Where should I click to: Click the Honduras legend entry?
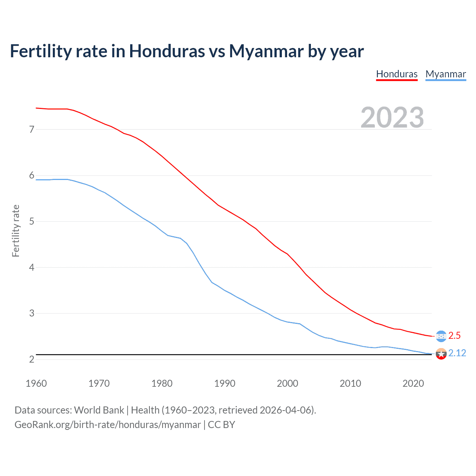click(x=397, y=74)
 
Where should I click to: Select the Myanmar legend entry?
click(x=446, y=74)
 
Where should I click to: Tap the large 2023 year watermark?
click(x=392, y=118)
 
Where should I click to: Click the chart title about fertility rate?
click(x=187, y=51)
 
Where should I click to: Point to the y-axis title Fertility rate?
click(x=16, y=231)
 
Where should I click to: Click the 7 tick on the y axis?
click(x=32, y=129)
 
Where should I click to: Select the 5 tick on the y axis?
click(x=32, y=222)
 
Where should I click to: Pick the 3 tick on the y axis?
click(x=32, y=313)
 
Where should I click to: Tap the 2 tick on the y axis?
click(x=32, y=359)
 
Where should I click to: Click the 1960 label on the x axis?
click(x=36, y=383)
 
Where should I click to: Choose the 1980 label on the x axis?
click(x=162, y=383)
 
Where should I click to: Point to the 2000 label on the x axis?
click(x=287, y=383)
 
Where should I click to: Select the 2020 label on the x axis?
click(x=413, y=383)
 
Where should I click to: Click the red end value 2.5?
click(x=454, y=335)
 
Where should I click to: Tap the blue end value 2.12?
click(x=457, y=353)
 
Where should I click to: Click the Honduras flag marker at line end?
click(x=441, y=336)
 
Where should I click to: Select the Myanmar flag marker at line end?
click(x=441, y=354)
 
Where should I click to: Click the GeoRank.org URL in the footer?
click(x=107, y=425)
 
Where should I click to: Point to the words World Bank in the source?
click(x=99, y=410)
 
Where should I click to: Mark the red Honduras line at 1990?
click(x=225, y=209)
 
